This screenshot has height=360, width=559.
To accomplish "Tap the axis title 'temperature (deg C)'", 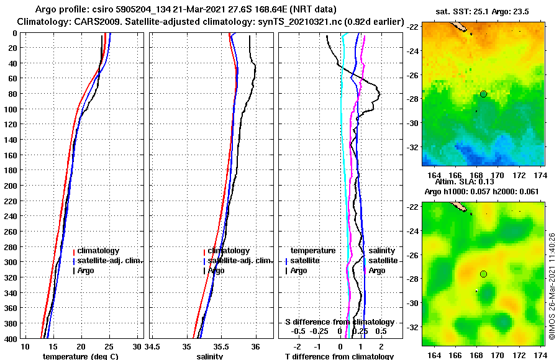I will [x=80, y=356].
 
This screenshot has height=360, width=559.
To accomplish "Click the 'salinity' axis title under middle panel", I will [x=210, y=356].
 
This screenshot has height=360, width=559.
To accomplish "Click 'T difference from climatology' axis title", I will [x=339, y=356].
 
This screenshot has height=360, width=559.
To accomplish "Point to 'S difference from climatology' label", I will [x=339, y=322].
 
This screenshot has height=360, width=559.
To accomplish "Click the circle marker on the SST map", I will [x=483, y=94].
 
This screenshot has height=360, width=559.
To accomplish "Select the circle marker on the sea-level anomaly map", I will [x=483, y=274].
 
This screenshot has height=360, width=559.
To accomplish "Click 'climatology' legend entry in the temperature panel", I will [x=102, y=251].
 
